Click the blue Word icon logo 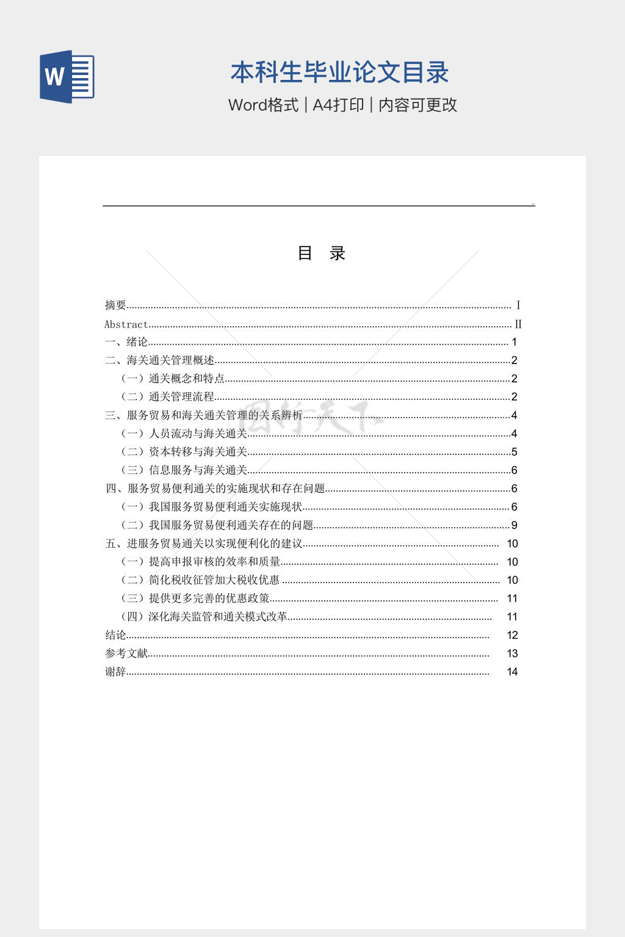(67, 77)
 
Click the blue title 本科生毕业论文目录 (339, 73)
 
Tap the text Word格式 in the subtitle (263, 105)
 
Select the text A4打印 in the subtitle (338, 105)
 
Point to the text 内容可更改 (417, 105)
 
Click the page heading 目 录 (322, 253)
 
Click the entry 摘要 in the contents (115, 305)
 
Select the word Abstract (126, 325)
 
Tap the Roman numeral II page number (518, 325)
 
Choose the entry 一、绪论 (126, 342)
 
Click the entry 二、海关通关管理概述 (159, 361)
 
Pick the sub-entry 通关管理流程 (181, 397)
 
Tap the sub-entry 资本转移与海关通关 (198, 452)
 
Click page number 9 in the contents (515, 525)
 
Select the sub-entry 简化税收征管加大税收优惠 (214, 580)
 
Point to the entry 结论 (115, 635)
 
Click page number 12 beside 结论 (512, 635)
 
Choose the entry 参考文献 (126, 653)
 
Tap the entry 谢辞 (115, 672)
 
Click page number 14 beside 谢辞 (512, 672)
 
